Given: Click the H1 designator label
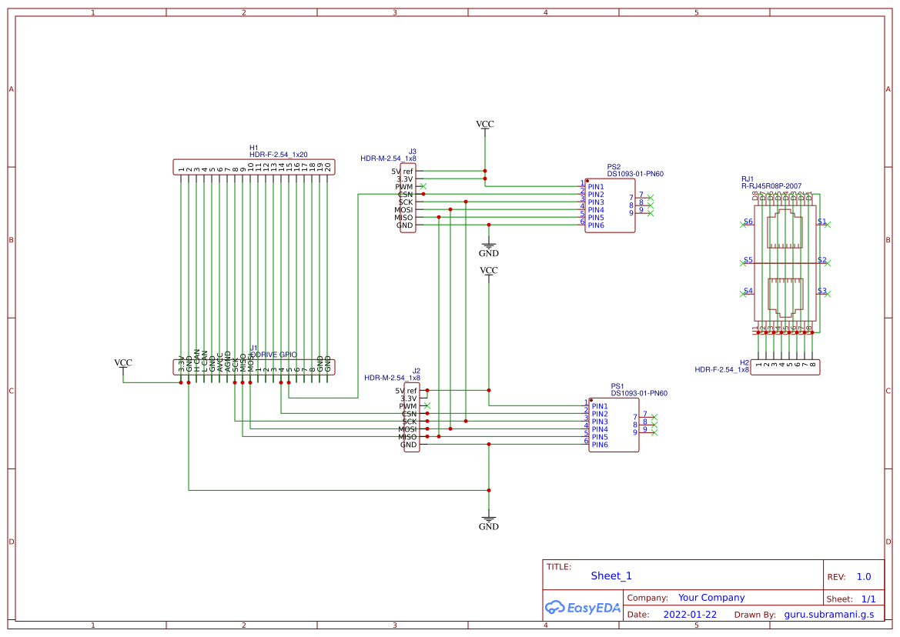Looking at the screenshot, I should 254,148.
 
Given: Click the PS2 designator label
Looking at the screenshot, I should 614,166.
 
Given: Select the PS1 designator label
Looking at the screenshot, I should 617,385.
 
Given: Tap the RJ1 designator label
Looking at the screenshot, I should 748,178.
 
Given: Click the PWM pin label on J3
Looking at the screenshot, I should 404,187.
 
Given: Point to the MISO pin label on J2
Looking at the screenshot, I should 407,437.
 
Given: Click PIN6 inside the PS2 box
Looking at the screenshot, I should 596,225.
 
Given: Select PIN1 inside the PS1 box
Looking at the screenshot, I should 600,406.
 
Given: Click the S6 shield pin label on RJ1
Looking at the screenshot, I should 748,222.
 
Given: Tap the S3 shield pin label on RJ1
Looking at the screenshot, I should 821,291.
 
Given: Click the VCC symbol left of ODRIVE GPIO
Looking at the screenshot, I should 123,363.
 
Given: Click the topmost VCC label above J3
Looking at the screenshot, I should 485,124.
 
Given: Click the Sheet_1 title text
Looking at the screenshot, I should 611,575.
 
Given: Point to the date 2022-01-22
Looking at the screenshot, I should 690,615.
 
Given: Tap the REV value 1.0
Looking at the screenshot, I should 864,576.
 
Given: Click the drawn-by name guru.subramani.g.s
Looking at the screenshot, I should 829,615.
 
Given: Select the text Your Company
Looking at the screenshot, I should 711,598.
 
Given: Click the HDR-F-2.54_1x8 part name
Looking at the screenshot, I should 721,370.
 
